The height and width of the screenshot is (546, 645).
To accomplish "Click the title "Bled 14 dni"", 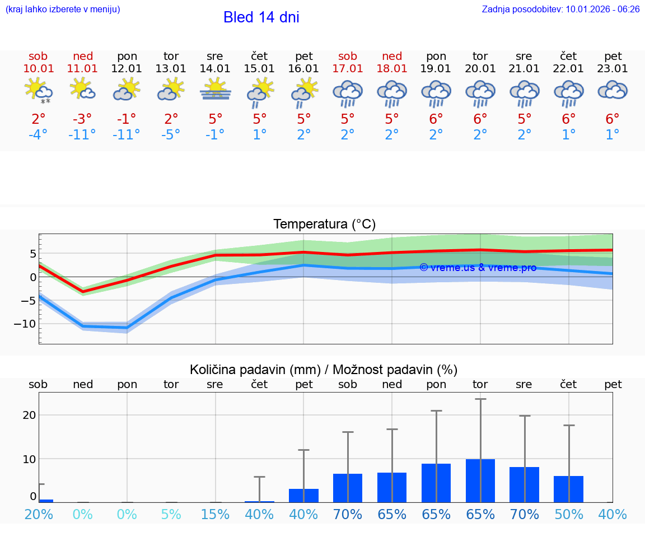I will (261, 17).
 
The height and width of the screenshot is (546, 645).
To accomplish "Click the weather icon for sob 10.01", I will (38, 90).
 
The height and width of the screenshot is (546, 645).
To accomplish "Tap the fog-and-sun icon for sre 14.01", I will (215, 90).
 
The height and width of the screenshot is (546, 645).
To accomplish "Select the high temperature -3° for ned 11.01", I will (82, 119).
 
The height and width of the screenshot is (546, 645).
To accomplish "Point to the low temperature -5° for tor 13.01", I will (171, 135).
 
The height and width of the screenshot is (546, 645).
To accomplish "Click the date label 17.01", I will (348, 69).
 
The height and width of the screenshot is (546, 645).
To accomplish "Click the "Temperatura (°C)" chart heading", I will (324, 225).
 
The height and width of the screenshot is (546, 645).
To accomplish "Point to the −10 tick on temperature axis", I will (25, 324).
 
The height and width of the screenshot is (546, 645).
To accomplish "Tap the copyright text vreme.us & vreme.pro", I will (478, 268).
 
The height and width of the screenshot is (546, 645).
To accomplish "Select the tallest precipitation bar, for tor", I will (480, 480).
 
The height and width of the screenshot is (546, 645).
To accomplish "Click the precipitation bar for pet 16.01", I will (303, 496).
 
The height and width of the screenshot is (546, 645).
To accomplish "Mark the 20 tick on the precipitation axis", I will (29, 415).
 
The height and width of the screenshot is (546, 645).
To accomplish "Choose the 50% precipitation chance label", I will (568, 515).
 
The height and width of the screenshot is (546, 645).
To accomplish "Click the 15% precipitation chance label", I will (215, 515).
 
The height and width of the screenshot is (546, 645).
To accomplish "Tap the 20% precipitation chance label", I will (38, 515).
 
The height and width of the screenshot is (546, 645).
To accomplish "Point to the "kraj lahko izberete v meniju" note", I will (62, 10).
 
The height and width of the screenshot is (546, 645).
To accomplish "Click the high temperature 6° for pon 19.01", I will (436, 119).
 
